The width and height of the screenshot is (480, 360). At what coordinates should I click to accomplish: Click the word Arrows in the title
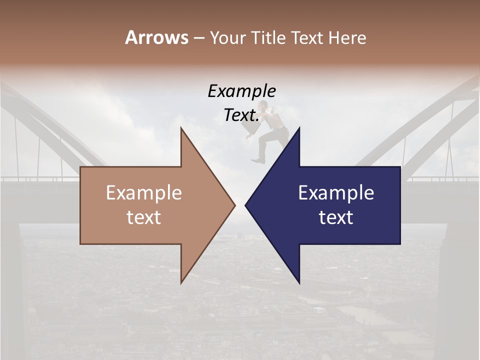click(x=156, y=38)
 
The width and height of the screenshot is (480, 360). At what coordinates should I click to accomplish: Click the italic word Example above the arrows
click(x=241, y=91)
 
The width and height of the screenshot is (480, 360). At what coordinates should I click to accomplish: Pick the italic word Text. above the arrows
click(x=241, y=115)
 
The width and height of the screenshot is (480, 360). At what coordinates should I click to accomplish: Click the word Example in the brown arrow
click(x=144, y=193)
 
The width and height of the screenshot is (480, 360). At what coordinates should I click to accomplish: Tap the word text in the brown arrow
click(x=144, y=217)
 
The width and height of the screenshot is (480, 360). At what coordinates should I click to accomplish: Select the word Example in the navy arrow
click(x=336, y=193)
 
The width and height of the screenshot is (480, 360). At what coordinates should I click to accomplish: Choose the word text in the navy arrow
click(x=336, y=217)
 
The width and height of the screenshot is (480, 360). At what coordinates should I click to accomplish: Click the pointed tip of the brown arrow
click(x=234, y=205)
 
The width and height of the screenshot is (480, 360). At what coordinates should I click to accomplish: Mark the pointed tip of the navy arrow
click(x=245, y=205)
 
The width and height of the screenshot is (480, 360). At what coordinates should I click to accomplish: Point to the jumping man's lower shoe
click(x=258, y=160)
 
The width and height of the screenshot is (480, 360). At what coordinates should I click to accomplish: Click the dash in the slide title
click(x=198, y=38)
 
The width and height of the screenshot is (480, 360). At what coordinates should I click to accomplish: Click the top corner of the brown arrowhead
click(x=181, y=128)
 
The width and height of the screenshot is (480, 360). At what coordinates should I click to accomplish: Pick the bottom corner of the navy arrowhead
click(x=299, y=283)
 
